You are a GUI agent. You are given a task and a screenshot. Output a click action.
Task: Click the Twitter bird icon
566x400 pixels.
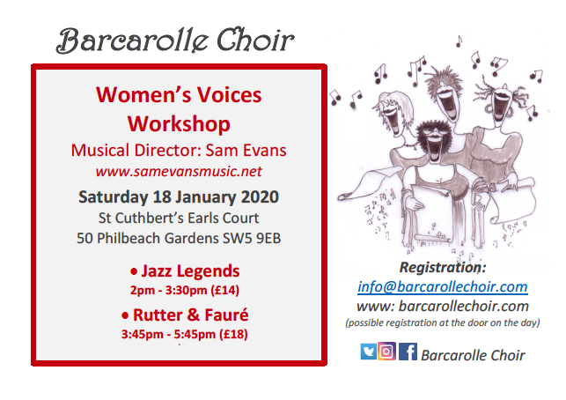[368, 352]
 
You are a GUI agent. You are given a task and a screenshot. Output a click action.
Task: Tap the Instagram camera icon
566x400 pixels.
[386, 351]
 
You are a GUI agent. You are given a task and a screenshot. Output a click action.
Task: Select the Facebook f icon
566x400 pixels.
[408, 352]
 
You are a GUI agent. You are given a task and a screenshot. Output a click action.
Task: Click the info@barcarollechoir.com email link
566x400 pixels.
[443, 286]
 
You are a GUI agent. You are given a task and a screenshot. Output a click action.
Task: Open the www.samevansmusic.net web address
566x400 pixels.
[179, 171]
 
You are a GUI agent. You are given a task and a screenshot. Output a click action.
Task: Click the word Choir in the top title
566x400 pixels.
[255, 40]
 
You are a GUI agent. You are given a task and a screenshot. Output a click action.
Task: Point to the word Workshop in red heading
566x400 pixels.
[179, 124]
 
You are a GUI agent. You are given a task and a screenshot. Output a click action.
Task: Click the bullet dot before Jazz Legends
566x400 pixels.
[134, 271]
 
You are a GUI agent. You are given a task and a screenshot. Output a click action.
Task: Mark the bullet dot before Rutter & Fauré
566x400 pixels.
[125, 315]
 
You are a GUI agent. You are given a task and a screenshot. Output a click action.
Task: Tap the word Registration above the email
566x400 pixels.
[440, 267]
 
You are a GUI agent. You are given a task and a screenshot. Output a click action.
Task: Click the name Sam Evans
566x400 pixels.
[246, 151]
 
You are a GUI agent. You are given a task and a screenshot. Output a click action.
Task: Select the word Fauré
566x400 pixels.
[226, 315]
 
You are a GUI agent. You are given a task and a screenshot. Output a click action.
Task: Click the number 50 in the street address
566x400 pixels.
[85, 239]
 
